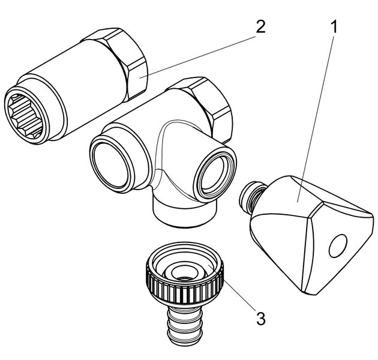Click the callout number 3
260,319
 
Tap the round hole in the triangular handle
338,244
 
